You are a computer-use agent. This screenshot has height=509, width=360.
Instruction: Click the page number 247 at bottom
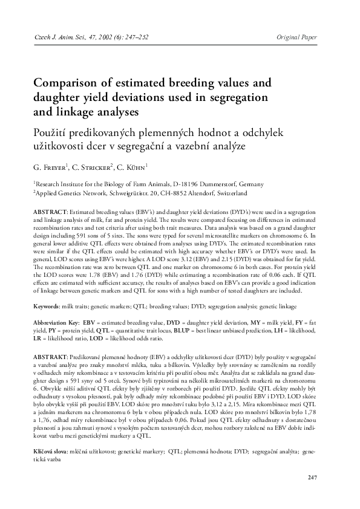pos(312,478)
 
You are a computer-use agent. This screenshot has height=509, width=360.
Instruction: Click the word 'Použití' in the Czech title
pos(54,131)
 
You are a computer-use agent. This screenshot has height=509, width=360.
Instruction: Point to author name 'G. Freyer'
pos(51,166)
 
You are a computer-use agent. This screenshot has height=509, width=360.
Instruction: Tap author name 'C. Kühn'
pos(131,166)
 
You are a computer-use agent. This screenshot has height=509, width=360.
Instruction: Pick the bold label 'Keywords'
pos(46,307)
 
